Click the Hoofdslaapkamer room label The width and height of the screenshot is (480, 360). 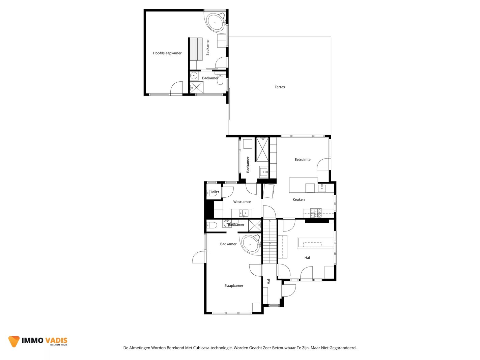pyautogui.click(x=167, y=53)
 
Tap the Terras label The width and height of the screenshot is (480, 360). pyautogui.click(x=280, y=87)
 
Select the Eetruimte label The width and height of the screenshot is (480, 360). pyautogui.click(x=303, y=160)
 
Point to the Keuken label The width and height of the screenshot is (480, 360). pyautogui.click(x=299, y=199)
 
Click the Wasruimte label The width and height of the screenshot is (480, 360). pyautogui.click(x=242, y=202)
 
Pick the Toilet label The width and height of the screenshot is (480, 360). pyautogui.click(x=215, y=192)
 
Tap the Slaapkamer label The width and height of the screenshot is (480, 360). pyautogui.click(x=234, y=286)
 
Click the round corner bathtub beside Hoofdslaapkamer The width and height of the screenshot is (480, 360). pyautogui.click(x=216, y=23)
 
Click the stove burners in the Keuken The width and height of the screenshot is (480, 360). pyautogui.click(x=316, y=213)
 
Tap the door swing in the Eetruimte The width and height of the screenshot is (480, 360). pyautogui.click(x=323, y=164)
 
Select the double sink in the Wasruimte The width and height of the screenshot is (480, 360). pyautogui.click(x=244, y=213)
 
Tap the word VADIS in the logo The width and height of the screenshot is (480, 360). pyautogui.click(x=56, y=340)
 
